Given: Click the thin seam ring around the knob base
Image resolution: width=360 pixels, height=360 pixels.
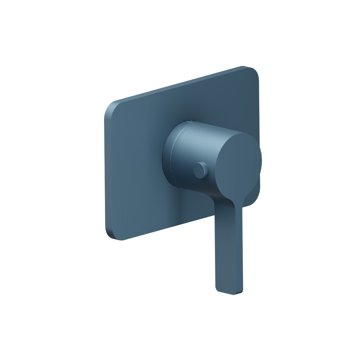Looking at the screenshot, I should (172, 151).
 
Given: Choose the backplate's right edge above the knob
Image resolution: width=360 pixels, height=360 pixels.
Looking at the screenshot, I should (258, 108).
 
